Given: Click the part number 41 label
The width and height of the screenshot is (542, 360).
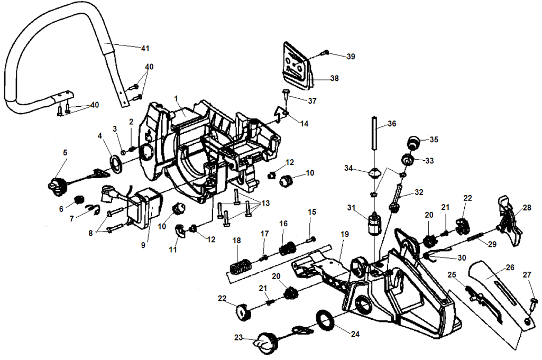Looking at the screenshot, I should point(145,49).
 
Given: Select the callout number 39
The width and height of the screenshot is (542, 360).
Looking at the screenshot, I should point(351,56).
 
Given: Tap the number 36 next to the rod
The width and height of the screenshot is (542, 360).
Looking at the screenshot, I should point(391,124).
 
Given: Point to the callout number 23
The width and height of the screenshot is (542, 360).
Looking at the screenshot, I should point(239,336).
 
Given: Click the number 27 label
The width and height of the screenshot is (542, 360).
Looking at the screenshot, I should point(527,274).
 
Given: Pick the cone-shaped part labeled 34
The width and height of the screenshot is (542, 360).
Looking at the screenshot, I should point(375,173).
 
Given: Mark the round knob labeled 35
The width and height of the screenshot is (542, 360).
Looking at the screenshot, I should point(414,143).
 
